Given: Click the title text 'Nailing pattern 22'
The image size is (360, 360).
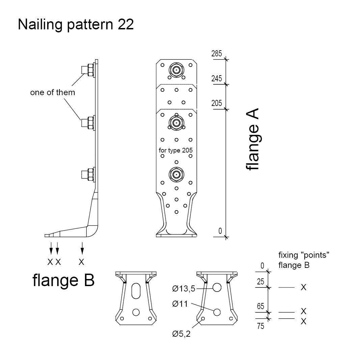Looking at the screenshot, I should click(x=76, y=25).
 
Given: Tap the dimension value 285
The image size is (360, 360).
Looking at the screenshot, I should click(x=217, y=54).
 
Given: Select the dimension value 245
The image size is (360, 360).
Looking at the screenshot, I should click(x=217, y=79).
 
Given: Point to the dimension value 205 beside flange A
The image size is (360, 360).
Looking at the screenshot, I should click(x=217, y=103).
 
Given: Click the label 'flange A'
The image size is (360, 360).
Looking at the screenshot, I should click(x=252, y=139).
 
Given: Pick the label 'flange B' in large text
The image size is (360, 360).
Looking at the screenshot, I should click(x=63, y=280).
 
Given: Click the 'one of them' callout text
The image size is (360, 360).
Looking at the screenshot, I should click(x=53, y=92).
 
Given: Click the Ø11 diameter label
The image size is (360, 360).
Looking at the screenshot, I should click(x=180, y=304).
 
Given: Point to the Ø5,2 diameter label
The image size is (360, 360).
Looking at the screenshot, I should click(x=181, y=334).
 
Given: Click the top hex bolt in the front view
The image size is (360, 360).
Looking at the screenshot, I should click(x=176, y=70).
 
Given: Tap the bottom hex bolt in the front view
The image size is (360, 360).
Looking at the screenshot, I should click(x=176, y=174).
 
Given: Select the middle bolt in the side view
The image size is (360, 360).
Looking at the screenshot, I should click(x=88, y=123).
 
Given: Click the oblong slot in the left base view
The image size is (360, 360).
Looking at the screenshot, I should click(x=136, y=290).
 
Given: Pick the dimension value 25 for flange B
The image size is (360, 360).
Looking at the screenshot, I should click(x=260, y=282).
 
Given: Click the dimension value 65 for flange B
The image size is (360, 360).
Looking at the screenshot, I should click(x=260, y=306).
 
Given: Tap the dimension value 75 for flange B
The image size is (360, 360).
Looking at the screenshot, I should click(x=260, y=326).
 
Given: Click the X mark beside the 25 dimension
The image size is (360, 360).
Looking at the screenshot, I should click(x=303, y=287).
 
